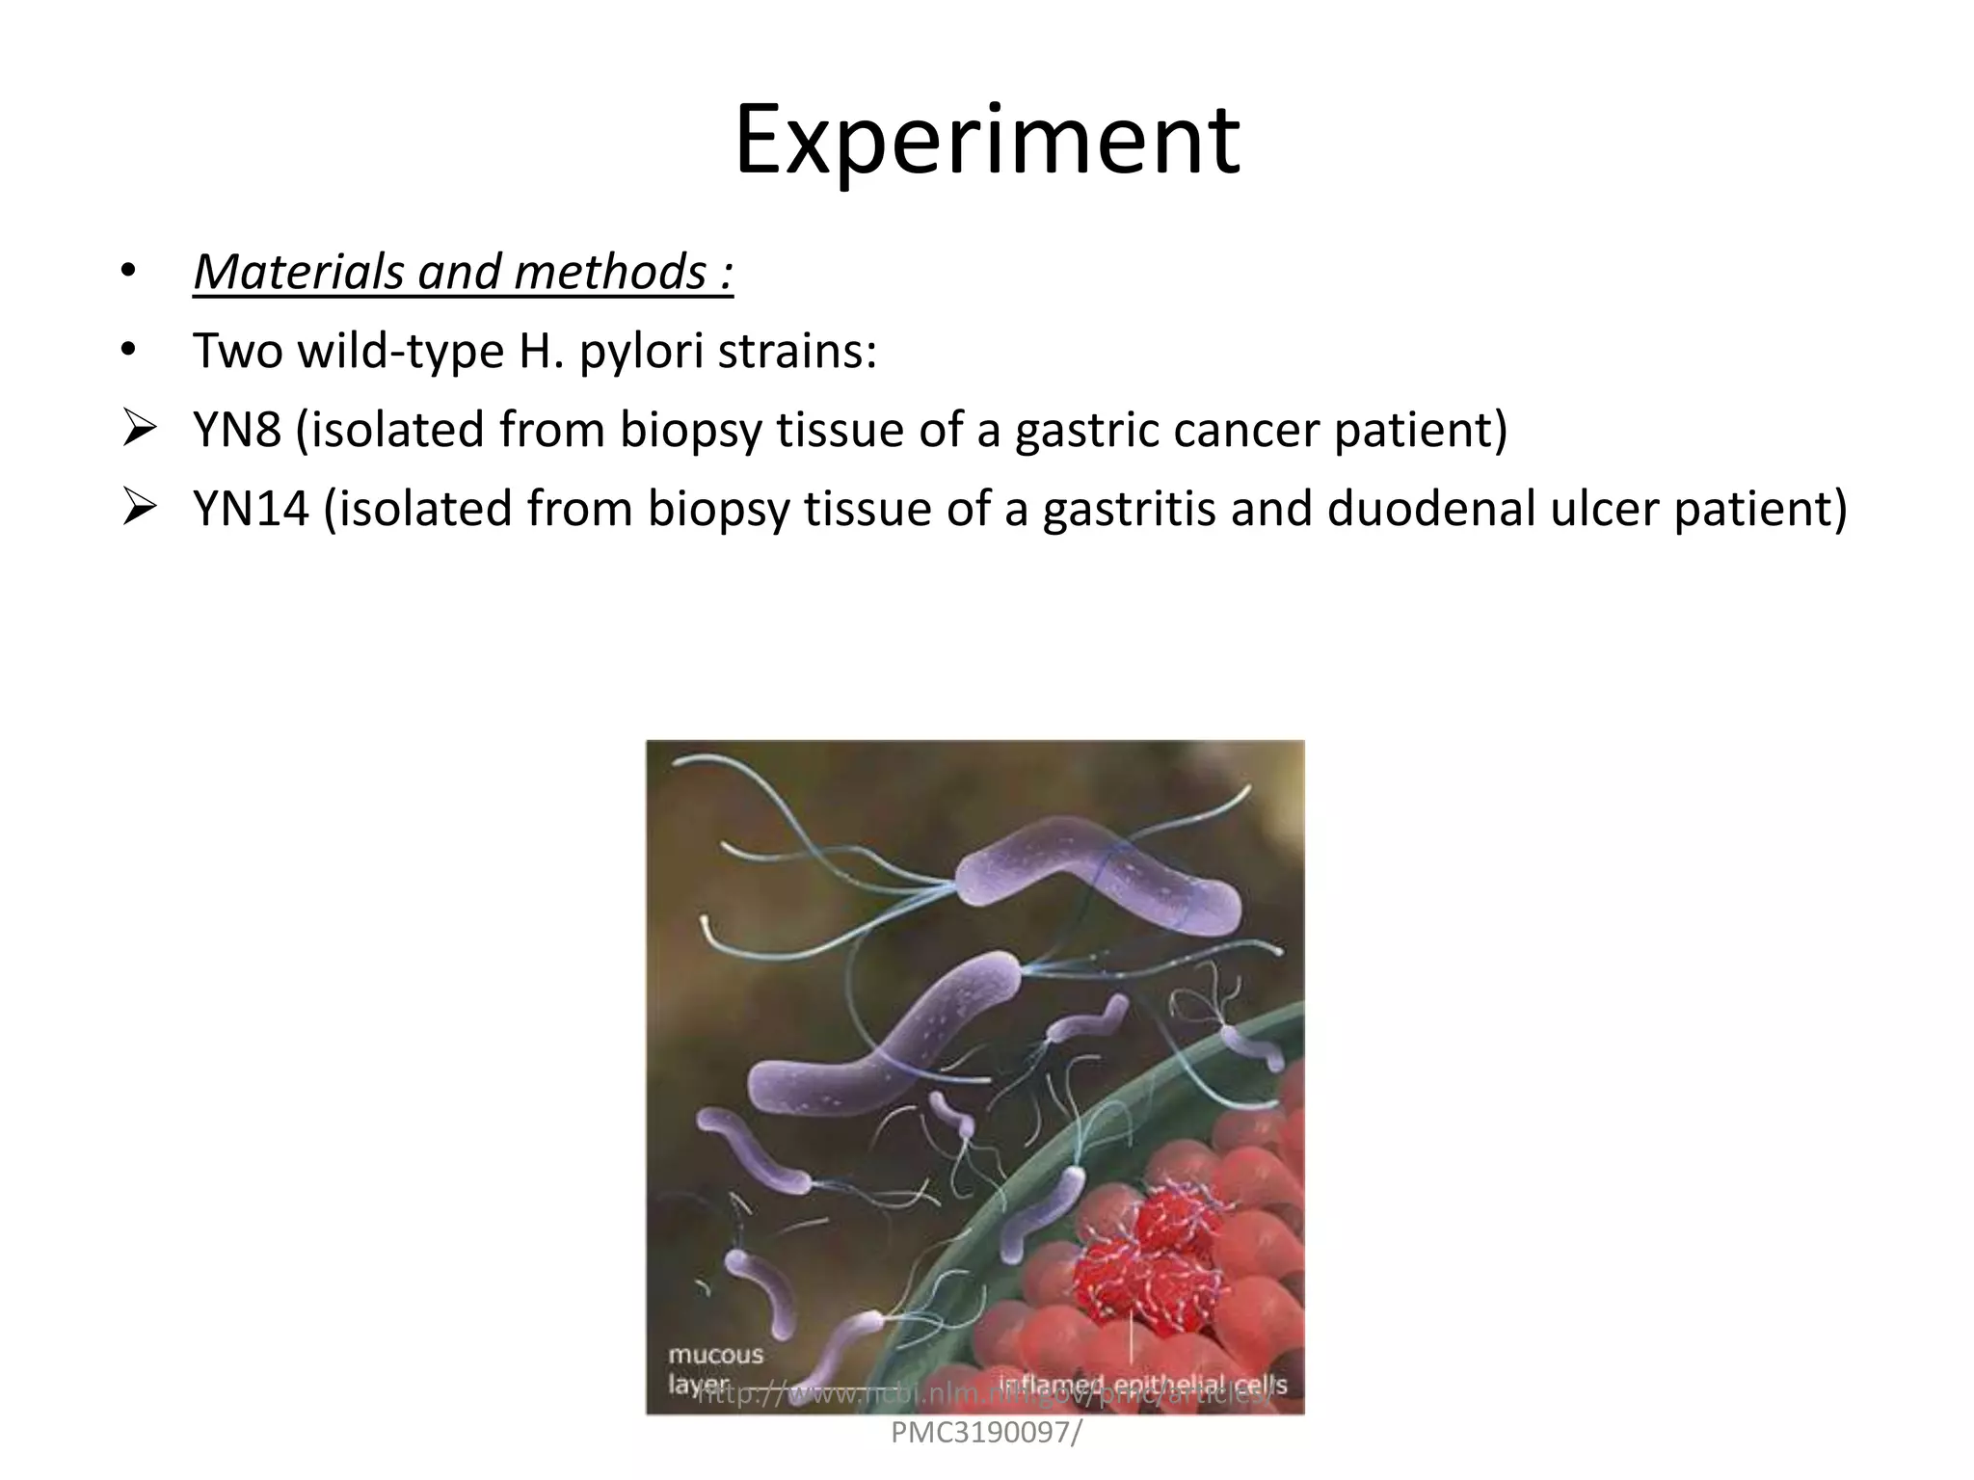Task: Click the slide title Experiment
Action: point(986,142)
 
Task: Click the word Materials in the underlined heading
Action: point(298,273)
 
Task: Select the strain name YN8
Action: point(237,430)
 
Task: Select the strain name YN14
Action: point(251,509)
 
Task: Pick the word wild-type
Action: point(401,352)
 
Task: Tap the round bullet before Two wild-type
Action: point(128,352)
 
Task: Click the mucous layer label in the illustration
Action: point(714,1368)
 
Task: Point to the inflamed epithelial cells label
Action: point(1141,1384)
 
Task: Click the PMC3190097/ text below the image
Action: point(986,1433)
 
